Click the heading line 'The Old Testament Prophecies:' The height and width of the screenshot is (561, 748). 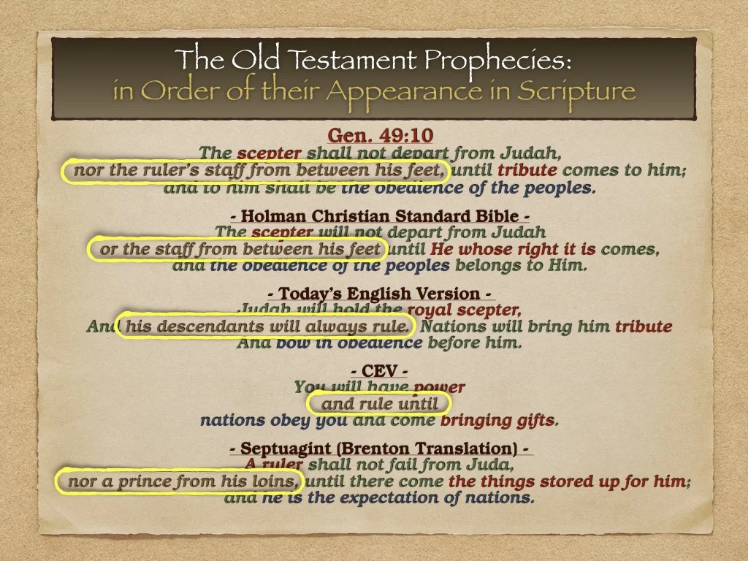click(374, 60)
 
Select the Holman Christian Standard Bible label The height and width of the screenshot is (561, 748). click(373, 216)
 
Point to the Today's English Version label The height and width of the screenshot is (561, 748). click(380, 294)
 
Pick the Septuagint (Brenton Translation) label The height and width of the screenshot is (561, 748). click(380, 448)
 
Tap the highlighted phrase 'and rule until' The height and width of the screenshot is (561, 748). click(380, 404)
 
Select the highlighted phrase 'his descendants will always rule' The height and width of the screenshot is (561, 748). click(267, 326)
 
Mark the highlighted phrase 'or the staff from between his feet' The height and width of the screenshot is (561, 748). click(240, 249)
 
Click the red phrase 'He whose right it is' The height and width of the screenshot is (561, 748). click(512, 249)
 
